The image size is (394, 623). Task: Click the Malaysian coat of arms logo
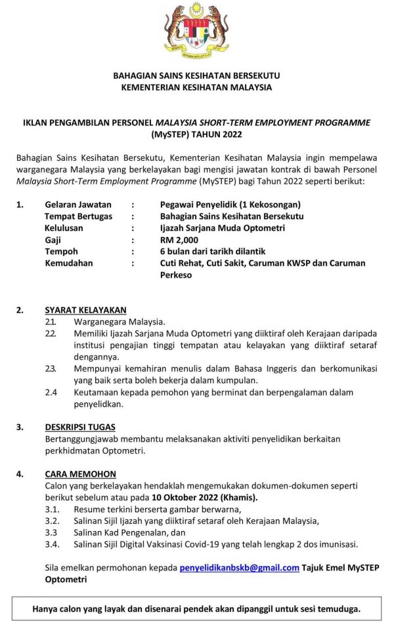[196, 31]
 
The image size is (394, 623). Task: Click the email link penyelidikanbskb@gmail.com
[239, 568]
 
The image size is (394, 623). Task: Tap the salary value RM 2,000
[179, 240]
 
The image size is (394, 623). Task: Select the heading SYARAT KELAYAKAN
[85, 310]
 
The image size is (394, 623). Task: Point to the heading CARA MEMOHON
[80, 474]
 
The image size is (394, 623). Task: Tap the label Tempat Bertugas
[78, 216]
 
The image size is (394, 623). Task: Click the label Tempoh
[61, 251]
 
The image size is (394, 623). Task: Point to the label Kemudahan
[68, 263]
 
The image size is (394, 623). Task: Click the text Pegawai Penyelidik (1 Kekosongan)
[230, 204]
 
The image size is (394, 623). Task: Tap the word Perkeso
[176, 275]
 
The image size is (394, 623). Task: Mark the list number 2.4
[51, 393]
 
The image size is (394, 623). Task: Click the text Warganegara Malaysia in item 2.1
[119, 322]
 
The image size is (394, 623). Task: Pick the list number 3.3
[51, 532]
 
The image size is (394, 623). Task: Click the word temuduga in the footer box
[336, 608]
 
